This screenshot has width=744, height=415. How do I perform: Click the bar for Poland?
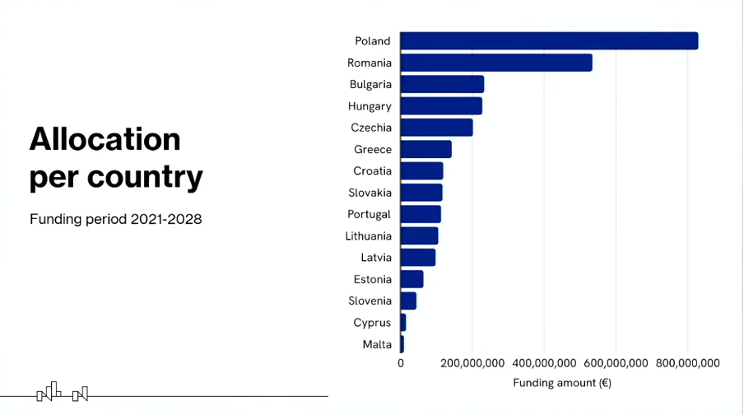point(549,41)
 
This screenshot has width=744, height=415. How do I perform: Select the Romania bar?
point(496,63)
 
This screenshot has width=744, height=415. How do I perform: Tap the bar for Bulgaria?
point(442,84)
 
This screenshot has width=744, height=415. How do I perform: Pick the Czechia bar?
point(436,128)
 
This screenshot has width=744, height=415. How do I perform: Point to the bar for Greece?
point(425,149)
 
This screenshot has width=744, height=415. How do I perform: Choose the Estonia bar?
point(412,279)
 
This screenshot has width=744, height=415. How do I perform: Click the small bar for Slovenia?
point(408,301)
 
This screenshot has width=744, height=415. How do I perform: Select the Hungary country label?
point(370,106)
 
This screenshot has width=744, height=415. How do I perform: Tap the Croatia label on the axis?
point(372,171)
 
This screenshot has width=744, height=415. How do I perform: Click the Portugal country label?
point(370,214)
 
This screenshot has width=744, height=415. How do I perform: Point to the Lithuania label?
point(368,236)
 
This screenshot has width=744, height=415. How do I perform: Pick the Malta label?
point(377,344)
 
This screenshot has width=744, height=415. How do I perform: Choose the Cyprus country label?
point(372,323)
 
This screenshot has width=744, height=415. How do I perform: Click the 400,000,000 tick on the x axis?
point(543,363)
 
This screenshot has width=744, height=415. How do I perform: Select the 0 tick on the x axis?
point(401,363)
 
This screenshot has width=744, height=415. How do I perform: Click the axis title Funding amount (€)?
point(562,383)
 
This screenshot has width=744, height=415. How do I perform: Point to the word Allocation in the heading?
point(105,139)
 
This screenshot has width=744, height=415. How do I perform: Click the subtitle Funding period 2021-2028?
point(115,220)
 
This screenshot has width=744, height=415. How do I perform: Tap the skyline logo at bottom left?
point(63,393)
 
